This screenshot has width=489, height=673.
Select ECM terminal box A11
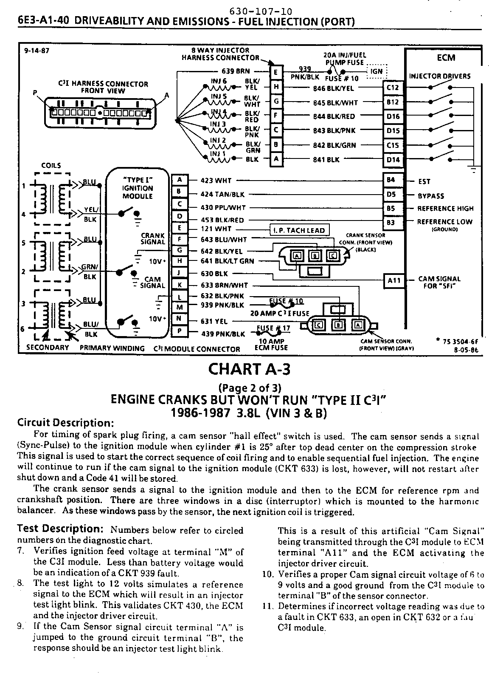394,280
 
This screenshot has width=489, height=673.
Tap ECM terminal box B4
391,180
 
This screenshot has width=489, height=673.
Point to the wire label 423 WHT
216,181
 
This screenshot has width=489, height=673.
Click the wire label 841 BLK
326,160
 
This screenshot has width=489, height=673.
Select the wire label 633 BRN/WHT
224,286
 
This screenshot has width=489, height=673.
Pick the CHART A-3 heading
249,369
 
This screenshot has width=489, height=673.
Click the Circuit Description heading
65,423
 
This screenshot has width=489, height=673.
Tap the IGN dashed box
376,71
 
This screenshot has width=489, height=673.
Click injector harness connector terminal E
276,73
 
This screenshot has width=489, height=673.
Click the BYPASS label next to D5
431,196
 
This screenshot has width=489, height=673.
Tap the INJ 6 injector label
219,81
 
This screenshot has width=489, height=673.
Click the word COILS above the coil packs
51,165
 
